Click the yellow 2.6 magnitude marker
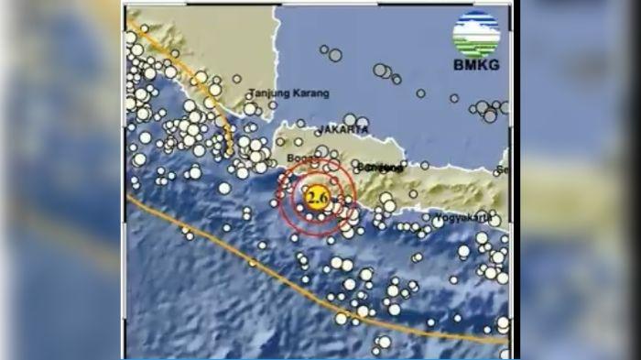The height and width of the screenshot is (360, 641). pyautogui.click(x=316, y=198)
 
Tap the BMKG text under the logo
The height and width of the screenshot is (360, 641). pyautogui.click(x=476, y=65)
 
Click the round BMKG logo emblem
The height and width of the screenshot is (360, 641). pyautogui.click(x=476, y=33)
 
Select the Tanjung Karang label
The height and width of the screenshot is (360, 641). pyautogui.click(x=287, y=93)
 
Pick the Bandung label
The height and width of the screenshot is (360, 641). pyautogui.click(x=382, y=167)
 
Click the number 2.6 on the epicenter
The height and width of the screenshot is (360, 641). pyautogui.click(x=316, y=198)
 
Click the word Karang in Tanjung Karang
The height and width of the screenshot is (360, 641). pyautogui.click(x=307, y=93)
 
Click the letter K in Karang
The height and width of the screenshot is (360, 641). pyautogui.click(x=294, y=93)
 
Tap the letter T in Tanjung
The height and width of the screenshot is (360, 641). pyautogui.click(x=253, y=93)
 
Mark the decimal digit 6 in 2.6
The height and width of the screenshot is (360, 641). pyautogui.click(x=321, y=198)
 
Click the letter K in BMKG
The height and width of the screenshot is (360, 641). pyautogui.click(x=483, y=65)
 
